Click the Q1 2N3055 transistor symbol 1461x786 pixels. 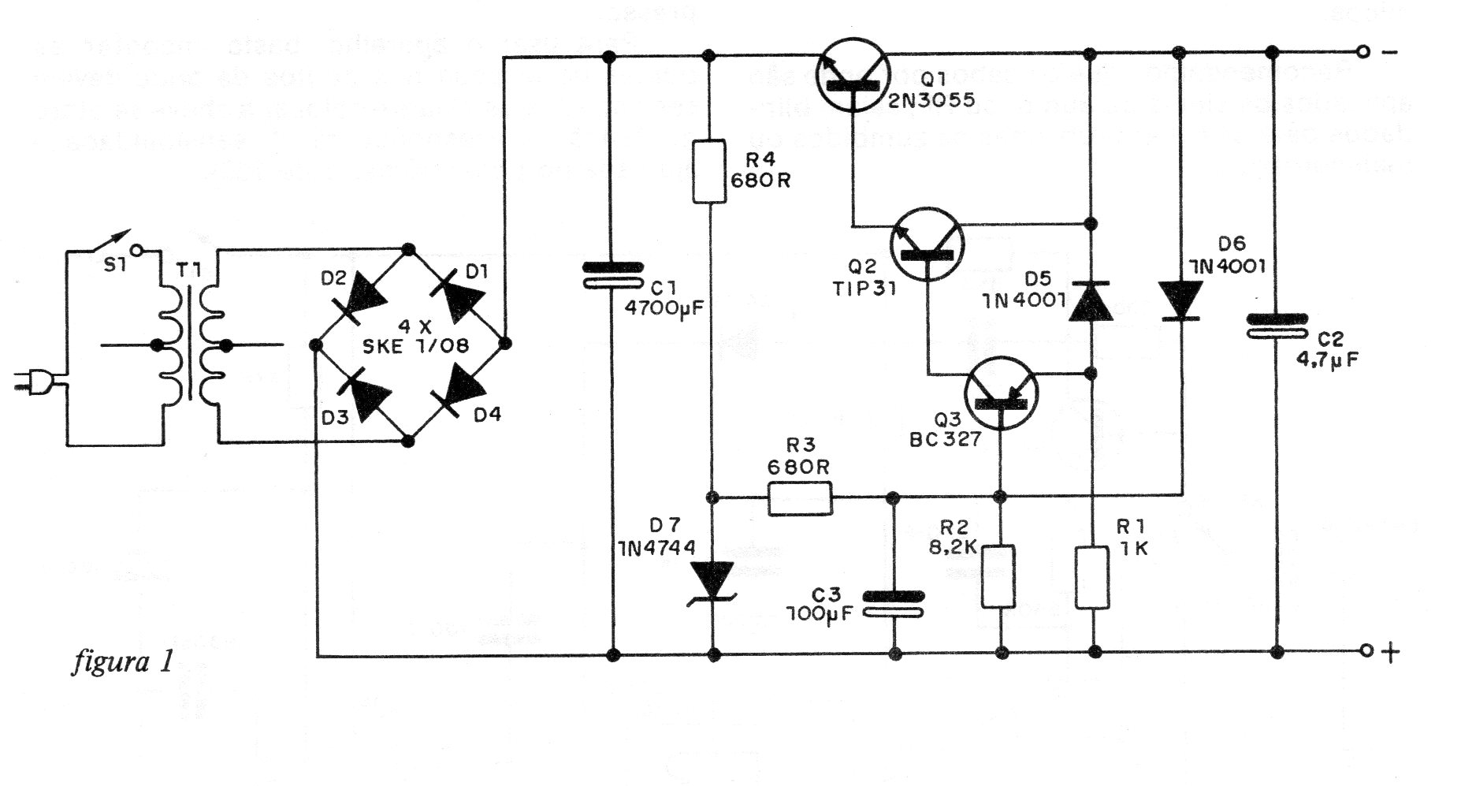(853, 75)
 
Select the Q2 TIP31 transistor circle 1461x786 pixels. (928, 245)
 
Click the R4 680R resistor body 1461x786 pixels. (709, 171)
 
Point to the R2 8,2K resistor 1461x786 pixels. (998, 576)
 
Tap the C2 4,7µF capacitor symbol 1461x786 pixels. (1277, 326)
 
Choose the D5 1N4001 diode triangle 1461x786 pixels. (1091, 301)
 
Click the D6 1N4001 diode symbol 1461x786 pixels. (1180, 301)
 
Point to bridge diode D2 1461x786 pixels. (362, 296)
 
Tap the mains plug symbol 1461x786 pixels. (35, 385)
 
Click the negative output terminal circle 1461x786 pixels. (1362, 54)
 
